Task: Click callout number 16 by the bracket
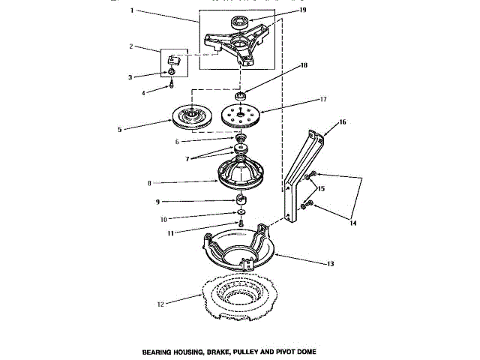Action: pyautogui.click(x=341, y=121)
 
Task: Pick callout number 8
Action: pyautogui.click(x=149, y=182)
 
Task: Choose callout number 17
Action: pyautogui.click(x=325, y=98)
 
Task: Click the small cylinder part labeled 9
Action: pyautogui.click(x=241, y=201)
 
